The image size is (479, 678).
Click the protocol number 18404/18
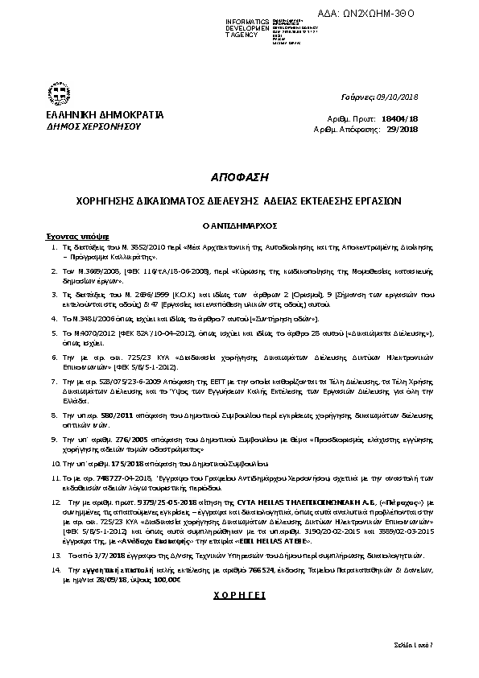point(404,118)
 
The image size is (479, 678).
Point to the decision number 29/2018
point(403,128)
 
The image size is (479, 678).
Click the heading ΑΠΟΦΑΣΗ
point(239,176)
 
